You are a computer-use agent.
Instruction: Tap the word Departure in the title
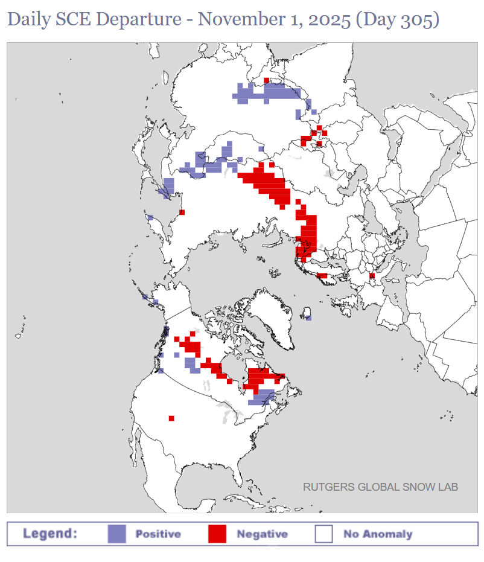pos(144,19)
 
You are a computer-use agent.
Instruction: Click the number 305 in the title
pos(421,19)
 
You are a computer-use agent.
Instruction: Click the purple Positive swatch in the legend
pos(117,534)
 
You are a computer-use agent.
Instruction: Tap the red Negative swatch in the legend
pos(217,534)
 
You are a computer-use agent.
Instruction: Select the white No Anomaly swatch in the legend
pos(324,534)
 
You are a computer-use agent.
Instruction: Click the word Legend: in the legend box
pos(50,534)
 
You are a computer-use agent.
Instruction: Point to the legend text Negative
pos(262,534)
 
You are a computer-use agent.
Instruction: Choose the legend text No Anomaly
pos(378,534)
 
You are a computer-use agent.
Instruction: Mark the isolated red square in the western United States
pos(171,418)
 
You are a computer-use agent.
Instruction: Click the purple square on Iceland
pos(308,317)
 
